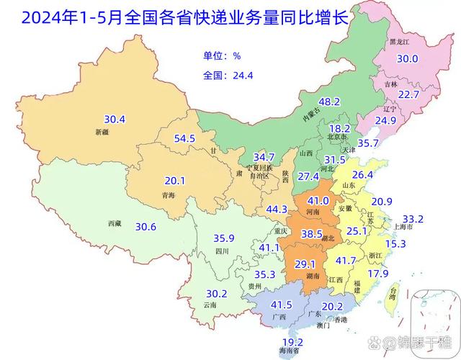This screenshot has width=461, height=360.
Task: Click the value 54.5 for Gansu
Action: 185,138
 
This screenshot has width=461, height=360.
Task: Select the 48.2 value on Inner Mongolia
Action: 329,102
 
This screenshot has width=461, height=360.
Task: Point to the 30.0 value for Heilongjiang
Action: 408,59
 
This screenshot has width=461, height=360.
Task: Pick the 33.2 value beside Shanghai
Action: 413,218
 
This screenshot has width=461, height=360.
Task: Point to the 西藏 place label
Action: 114,224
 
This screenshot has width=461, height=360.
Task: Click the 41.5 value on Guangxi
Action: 282,305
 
